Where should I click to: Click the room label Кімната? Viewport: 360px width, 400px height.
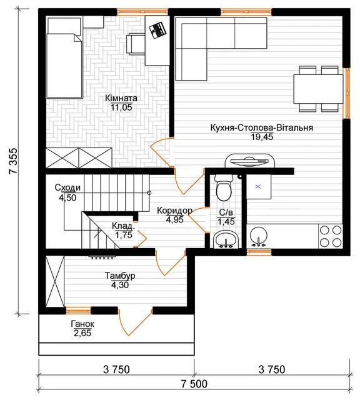click(121, 98)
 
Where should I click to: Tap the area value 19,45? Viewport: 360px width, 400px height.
click(262, 137)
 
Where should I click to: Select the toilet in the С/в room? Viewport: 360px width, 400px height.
click(224, 187)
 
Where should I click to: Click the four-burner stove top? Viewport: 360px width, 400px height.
click(331, 236)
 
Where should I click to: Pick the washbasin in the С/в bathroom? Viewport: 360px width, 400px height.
click(226, 239)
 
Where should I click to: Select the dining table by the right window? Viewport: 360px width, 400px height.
click(318, 89)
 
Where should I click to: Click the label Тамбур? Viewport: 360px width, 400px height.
click(120, 276)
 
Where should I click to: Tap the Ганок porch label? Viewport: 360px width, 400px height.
click(82, 324)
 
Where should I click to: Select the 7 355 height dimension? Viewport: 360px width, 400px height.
click(13, 161)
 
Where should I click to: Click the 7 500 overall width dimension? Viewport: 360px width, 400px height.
click(194, 384)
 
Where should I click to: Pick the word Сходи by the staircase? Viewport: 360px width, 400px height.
click(67, 187)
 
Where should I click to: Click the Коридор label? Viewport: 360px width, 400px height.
click(174, 211)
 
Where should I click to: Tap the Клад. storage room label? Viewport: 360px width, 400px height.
click(122, 226)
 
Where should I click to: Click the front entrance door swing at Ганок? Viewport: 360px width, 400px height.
click(135, 322)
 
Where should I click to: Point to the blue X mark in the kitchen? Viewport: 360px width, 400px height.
click(258, 187)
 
